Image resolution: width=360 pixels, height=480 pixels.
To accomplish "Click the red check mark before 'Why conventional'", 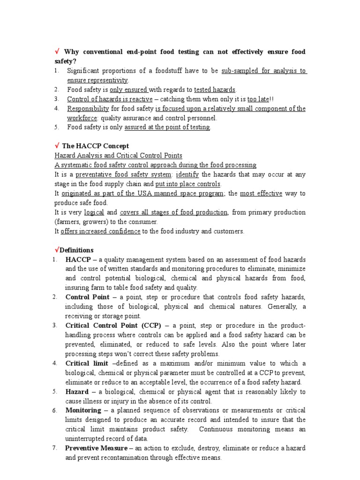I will pos(57,52).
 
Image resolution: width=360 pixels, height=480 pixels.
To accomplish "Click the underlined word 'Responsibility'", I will pos(88,108).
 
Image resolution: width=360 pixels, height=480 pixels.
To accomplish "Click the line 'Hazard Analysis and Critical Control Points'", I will pos(119,155).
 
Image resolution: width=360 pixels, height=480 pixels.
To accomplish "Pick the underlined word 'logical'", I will pos(93,212).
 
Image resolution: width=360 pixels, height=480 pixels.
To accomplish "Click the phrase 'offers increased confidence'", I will pos(100,231).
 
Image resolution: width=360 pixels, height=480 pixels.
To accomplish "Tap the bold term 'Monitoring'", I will pos(83,410).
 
